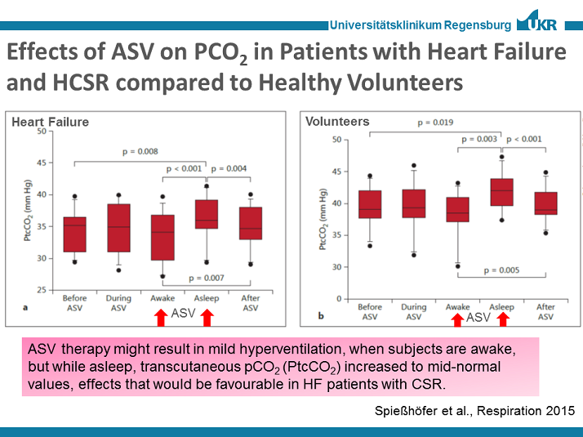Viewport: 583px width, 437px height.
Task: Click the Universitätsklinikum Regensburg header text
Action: (421, 25)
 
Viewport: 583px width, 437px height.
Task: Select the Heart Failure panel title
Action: (50, 123)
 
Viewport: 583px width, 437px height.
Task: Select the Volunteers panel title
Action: (337, 122)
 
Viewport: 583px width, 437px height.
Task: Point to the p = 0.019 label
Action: (435, 123)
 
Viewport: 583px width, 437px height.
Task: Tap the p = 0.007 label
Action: (207, 279)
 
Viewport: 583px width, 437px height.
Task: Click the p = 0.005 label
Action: (501, 270)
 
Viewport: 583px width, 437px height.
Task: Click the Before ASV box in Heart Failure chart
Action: (75, 234)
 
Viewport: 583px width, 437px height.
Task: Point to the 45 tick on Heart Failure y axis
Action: (41, 163)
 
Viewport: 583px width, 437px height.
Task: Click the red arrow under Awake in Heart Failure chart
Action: (162, 314)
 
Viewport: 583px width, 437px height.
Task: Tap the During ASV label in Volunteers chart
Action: (414, 311)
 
